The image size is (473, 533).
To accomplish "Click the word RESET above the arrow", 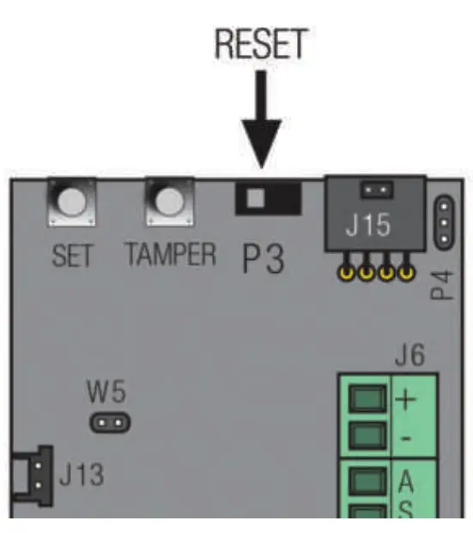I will tap(262, 45).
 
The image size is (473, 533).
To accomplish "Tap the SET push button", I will tap(71, 203).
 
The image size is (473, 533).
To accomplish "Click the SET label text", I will tap(72, 256).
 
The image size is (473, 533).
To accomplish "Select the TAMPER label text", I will tap(171, 256).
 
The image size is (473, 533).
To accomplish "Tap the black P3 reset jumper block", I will tap(268, 199).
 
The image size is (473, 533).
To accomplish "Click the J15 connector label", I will tap(367, 227).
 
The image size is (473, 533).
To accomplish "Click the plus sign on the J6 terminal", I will tap(404, 400).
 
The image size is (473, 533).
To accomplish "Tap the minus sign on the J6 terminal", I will tap(404, 439).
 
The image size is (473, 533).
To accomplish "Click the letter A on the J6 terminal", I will tap(405, 479).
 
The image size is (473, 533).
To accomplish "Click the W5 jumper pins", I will tap(108, 422).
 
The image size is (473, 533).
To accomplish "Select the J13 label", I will tap(82, 475).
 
